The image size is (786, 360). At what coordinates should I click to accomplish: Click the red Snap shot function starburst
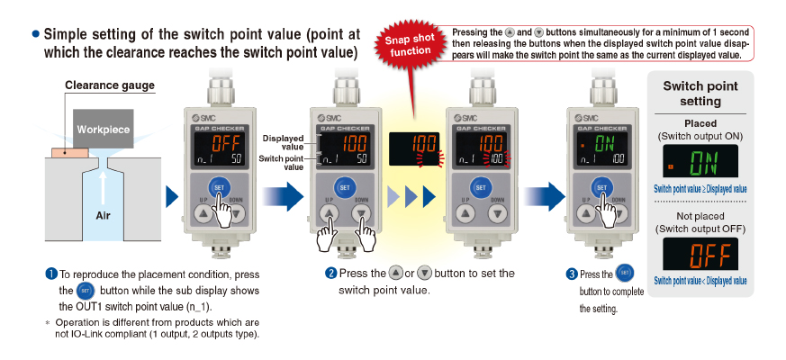click(x=411, y=45)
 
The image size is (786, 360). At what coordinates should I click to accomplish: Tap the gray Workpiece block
click(x=104, y=129)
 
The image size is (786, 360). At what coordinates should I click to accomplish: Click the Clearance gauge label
click(x=110, y=85)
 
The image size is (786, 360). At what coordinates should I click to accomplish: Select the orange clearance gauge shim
click(x=69, y=151)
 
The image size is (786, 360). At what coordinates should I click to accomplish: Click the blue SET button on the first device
click(x=219, y=186)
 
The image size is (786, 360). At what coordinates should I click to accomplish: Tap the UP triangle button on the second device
click(x=329, y=213)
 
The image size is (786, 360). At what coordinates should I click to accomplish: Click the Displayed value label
click(x=284, y=142)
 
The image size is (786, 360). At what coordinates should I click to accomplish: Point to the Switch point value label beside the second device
click(x=281, y=163)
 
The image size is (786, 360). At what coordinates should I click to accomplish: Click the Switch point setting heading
click(x=700, y=94)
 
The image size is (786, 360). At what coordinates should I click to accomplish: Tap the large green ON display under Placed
click(x=700, y=161)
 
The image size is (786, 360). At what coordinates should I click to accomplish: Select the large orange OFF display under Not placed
click(x=700, y=254)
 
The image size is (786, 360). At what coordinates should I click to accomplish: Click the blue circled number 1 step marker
click(x=51, y=274)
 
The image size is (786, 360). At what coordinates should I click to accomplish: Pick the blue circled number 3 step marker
click(x=572, y=274)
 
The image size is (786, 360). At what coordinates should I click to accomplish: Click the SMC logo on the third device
click(x=465, y=118)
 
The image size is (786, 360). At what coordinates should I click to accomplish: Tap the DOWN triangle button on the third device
click(x=497, y=213)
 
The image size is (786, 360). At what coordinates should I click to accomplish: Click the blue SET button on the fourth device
click(x=601, y=187)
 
